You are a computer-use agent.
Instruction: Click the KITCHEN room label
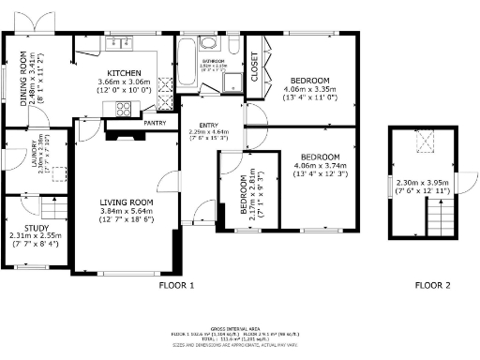125,72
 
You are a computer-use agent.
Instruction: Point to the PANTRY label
156,121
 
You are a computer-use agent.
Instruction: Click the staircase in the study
54,207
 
